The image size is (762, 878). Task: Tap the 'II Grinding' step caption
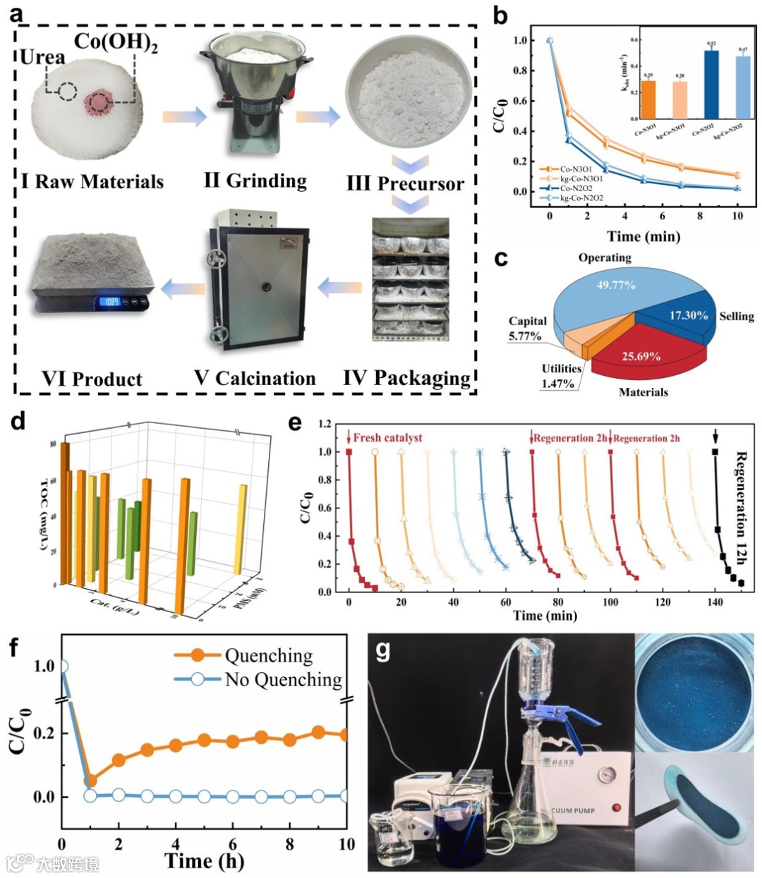point(255,181)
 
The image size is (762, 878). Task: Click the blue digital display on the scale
point(111,302)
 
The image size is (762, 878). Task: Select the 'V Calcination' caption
point(255,379)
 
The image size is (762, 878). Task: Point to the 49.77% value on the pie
point(616,285)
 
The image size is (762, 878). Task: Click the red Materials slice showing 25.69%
point(641,356)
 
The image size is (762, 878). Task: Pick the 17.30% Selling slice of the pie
point(688,315)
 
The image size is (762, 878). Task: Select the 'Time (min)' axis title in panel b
point(643,236)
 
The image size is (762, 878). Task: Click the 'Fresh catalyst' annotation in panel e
point(387,438)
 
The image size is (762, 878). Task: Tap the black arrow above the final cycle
point(716,435)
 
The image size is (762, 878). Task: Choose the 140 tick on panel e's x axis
point(715,602)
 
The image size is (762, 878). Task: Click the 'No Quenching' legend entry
point(283,680)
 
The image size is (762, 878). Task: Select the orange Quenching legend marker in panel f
point(198,655)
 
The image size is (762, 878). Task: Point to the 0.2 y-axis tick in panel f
point(44,733)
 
